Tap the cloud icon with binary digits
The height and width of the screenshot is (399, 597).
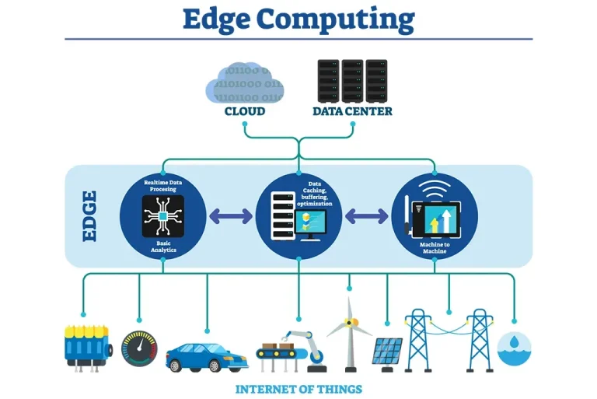tap(244, 83)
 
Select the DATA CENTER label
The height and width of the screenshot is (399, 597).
tap(352, 111)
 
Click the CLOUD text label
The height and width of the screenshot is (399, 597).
tap(245, 111)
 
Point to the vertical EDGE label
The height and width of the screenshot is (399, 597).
tap(89, 215)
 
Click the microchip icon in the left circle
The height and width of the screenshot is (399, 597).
tap(163, 215)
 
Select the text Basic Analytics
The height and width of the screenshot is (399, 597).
tap(163, 247)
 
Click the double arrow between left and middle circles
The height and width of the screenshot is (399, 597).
tap(231, 215)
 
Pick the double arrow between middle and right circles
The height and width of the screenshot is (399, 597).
tap(366, 215)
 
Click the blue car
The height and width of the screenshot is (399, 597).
tap(205, 355)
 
